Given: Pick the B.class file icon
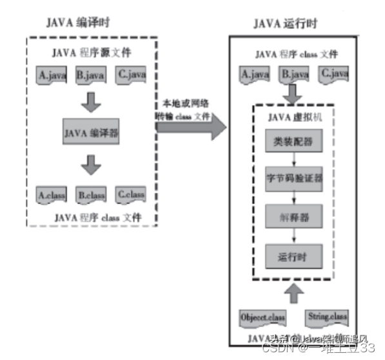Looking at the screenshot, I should (91, 194).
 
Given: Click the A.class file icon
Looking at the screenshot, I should (51, 194).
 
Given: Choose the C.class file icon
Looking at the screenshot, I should (132, 194).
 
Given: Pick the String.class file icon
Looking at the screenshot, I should (326, 317).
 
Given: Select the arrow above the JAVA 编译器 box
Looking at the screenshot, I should (94, 101).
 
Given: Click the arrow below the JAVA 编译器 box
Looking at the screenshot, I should (94, 166).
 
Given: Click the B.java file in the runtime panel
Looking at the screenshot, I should (293, 75).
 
